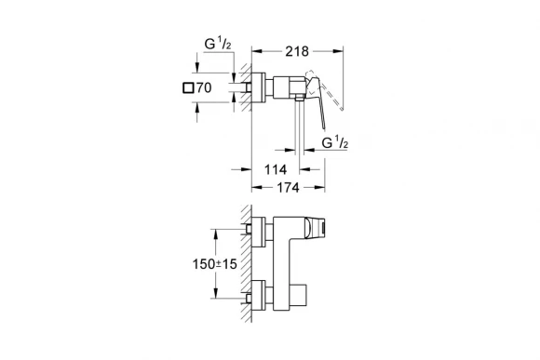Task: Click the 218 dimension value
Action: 297,53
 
